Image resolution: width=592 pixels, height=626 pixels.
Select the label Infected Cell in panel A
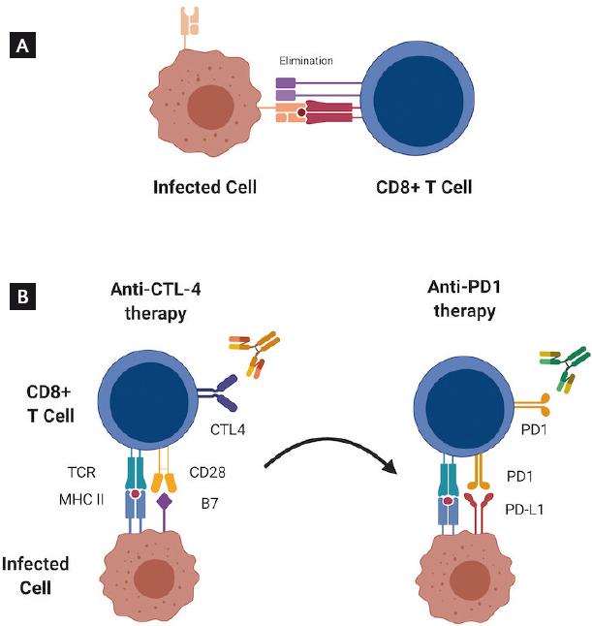click(x=205, y=186)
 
